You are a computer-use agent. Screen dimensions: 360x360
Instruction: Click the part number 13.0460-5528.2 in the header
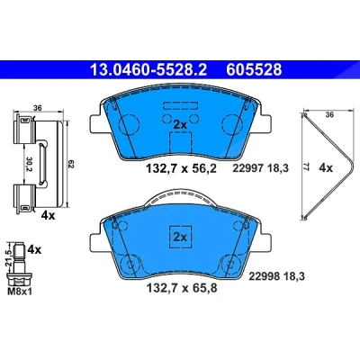pyautogui.click(x=148, y=69)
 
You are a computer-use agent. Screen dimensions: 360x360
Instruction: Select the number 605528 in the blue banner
pyautogui.click(x=254, y=69)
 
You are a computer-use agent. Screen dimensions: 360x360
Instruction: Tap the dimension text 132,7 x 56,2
pyautogui.click(x=181, y=168)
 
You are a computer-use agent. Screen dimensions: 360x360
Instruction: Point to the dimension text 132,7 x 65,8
pyautogui.click(x=182, y=288)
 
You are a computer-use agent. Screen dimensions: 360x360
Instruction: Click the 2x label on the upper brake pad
pyautogui.click(x=180, y=124)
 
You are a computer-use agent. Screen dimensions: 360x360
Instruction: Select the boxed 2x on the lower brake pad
pyautogui.click(x=180, y=237)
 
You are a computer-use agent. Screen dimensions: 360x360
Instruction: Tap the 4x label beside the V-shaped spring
pyautogui.click(x=326, y=168)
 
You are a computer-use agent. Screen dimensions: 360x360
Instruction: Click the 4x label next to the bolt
pyautogui.click(x=34, y=249)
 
